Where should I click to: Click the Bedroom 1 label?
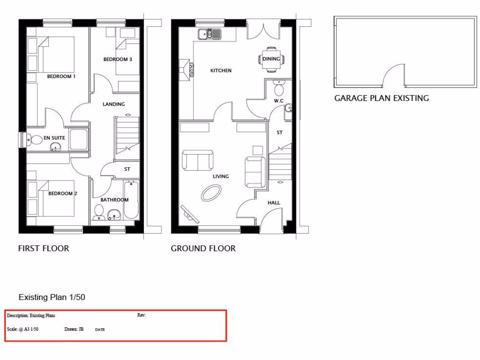(x=61, y=76)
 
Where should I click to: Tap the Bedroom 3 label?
(x=118, y=60)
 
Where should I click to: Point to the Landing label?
(x=113, y=104)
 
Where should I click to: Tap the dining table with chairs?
(x=271, y=59)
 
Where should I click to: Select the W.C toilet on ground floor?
(x=279, y=89)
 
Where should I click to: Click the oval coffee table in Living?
(x=211, y=193)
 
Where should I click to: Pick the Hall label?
(x=274, y=203)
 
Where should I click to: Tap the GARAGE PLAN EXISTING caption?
(x=381, y=98)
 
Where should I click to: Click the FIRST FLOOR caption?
(x=44, y=248)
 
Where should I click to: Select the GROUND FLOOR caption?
(x=203, y=248)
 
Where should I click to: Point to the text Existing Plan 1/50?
(x=52, y=297)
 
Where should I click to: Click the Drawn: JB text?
(x=74, y=329)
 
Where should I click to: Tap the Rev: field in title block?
(x=142, y=315)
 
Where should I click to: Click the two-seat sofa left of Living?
(x=197, y=161)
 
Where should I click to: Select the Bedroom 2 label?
(x=62, y=194)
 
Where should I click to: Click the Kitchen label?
(x=221, y=71)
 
